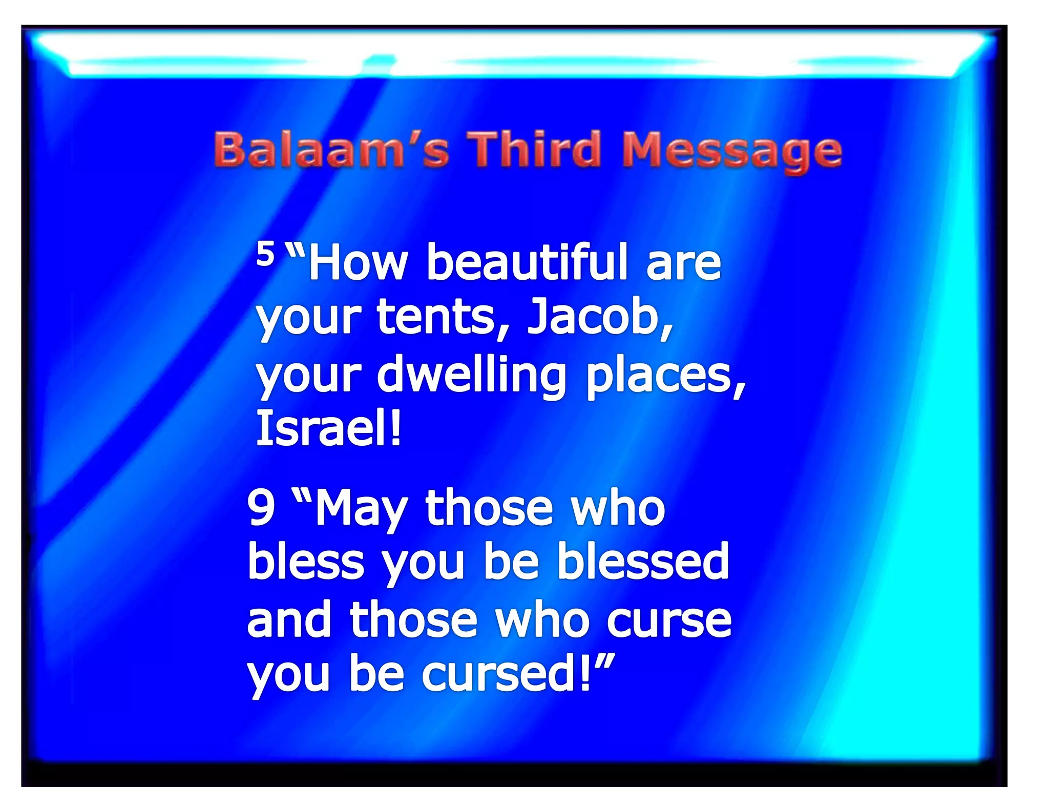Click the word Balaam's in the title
[x=331, y=150]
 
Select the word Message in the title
[x=732, y=151]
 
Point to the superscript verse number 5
[x=265, y=253]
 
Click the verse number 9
[x=261, y=507]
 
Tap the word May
[x=361, y=510]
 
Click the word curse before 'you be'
[x=669, y=621]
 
